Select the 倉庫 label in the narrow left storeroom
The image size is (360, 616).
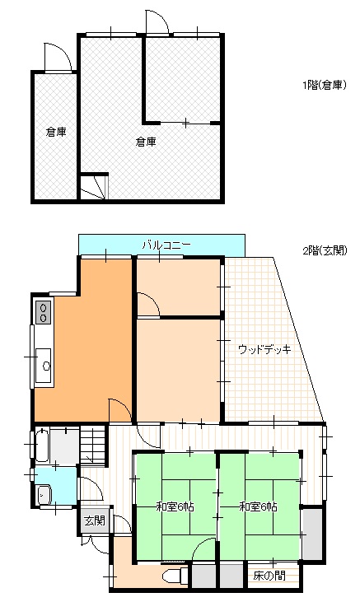(x=55, y=132)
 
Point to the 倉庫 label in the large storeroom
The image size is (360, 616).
(x=146, y=142)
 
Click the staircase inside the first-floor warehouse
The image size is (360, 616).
(x=94, y=187)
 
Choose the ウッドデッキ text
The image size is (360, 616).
(x=264, y=349)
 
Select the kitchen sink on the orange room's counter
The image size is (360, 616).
(x=44, y=362)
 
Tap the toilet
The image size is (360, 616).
(x=174, y=575)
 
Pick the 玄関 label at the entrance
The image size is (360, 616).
(x=94, y=520)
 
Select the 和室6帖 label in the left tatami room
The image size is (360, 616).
(x=175, y=506)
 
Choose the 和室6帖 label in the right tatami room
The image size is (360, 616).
(x=258, y=506)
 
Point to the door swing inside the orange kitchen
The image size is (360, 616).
(x=120, y=409)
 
